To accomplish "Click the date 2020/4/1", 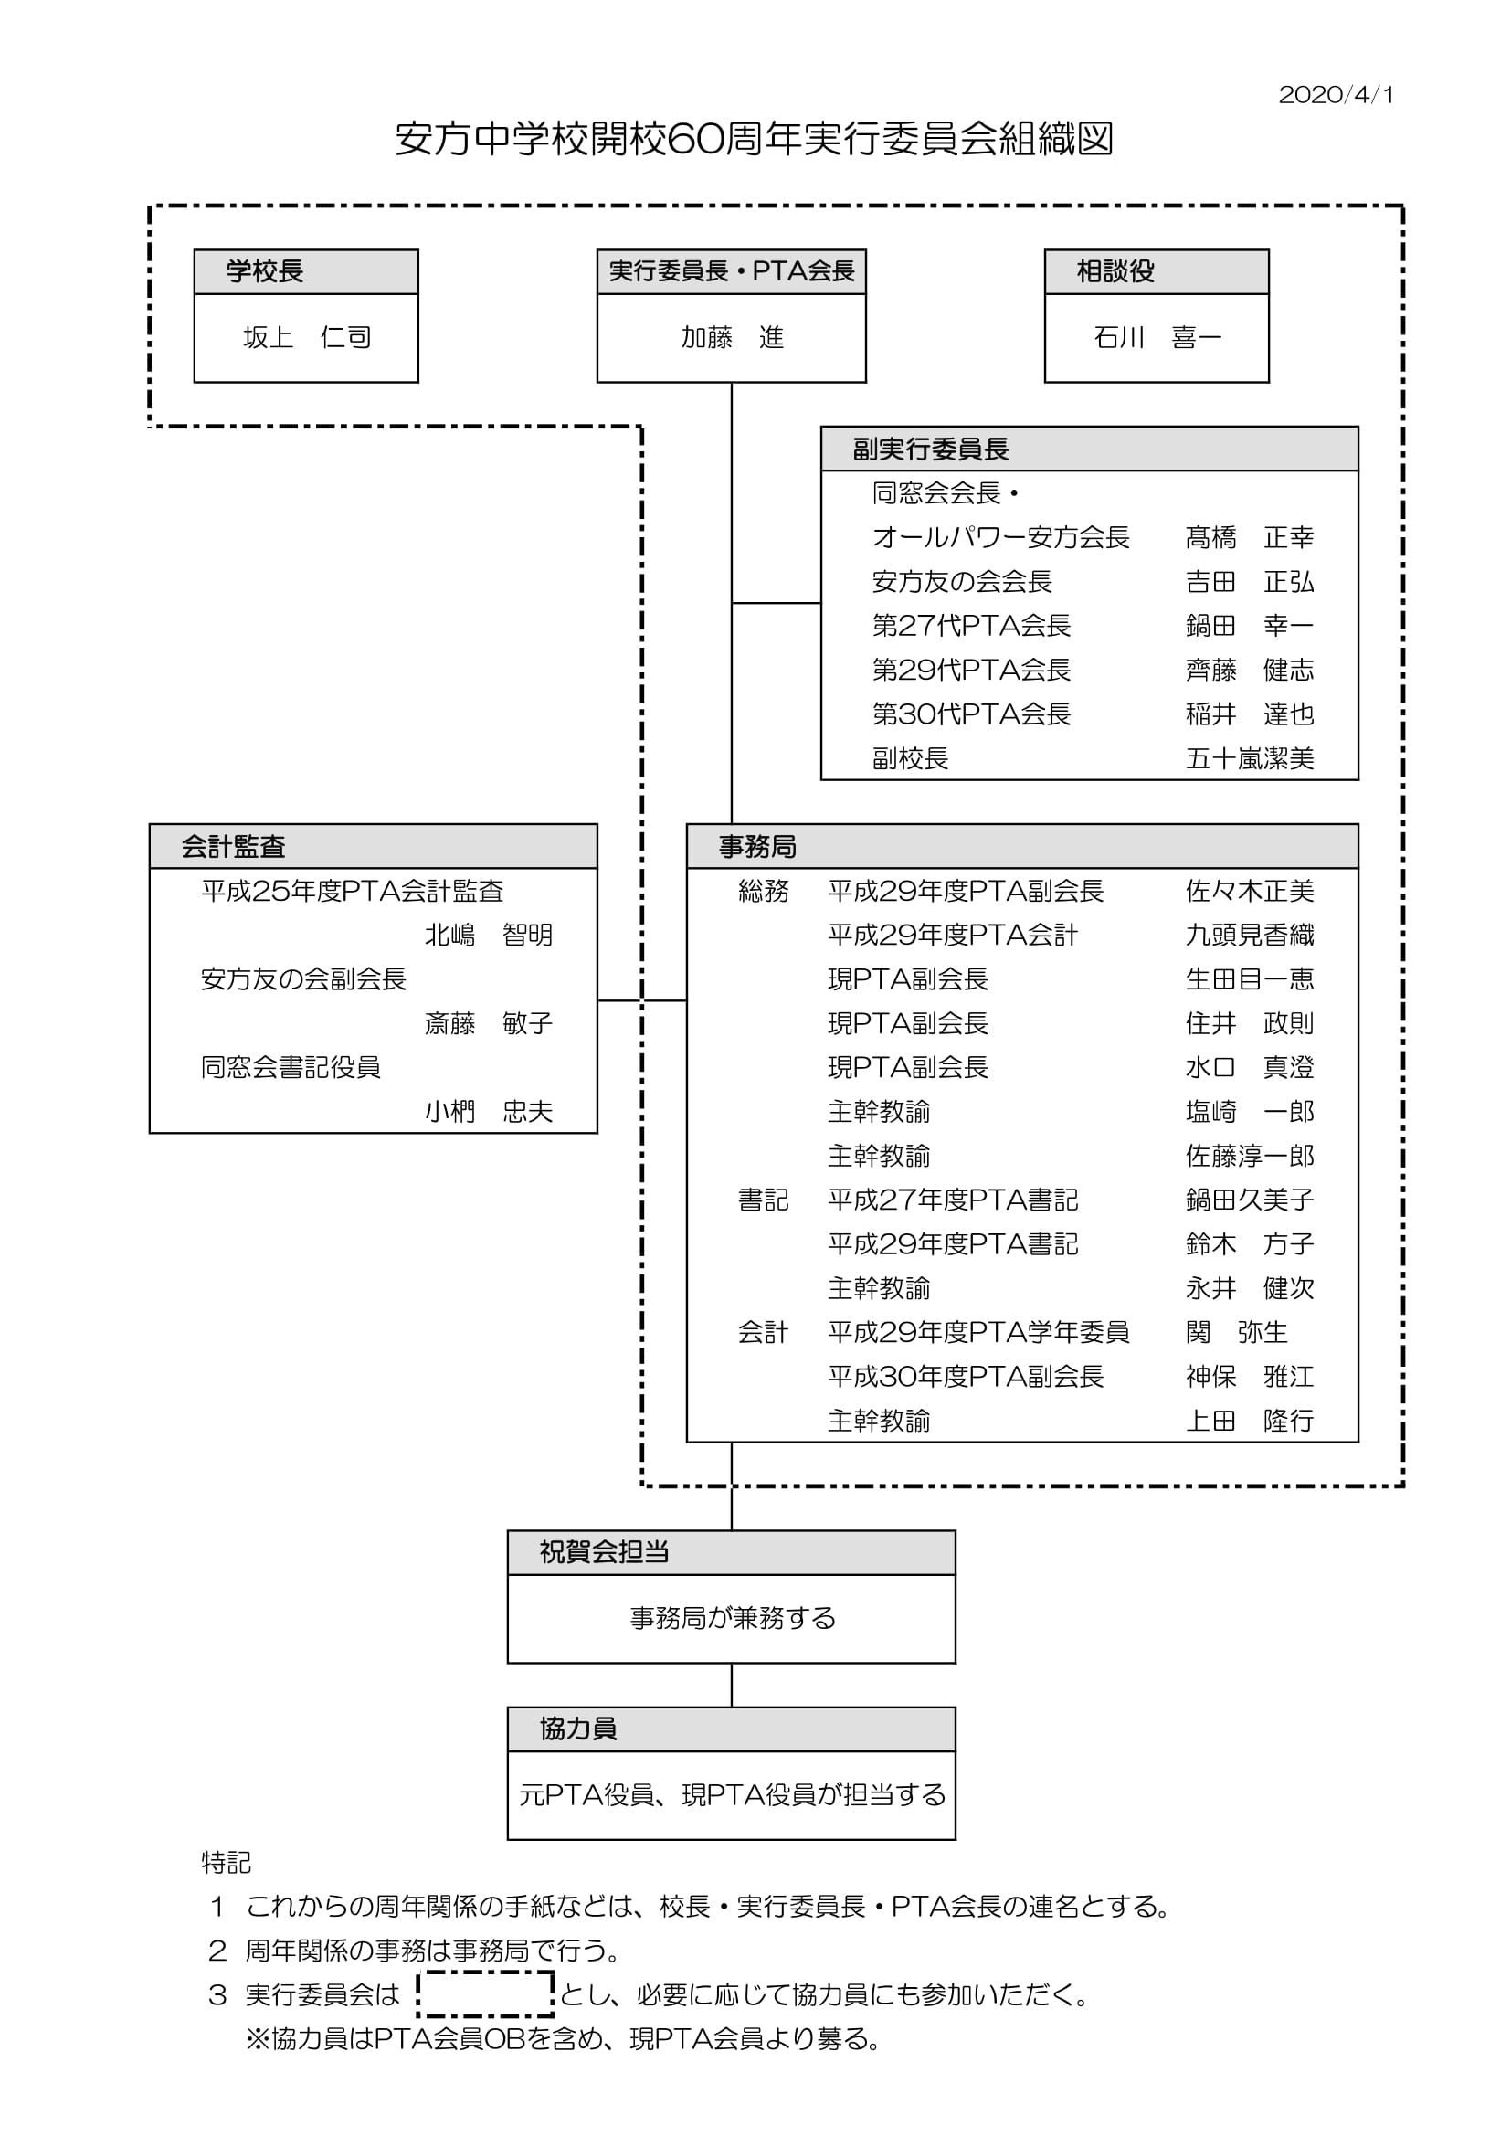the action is pos(1336,95).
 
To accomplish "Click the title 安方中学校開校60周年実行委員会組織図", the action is pos(755,140).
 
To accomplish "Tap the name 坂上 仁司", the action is pos(307,337).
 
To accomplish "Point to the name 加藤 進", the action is pos(733,337).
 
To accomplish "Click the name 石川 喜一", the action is pos(1157,337).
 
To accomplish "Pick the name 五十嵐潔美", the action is pos(1250,759).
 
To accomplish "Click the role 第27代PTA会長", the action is pos(971,625).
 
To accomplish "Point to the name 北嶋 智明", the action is pos(489,935).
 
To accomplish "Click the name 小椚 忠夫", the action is pos(489,1112).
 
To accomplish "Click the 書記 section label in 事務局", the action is pos(763,1200).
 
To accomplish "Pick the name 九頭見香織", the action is pos(1250,935).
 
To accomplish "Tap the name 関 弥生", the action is pos(1237,1332).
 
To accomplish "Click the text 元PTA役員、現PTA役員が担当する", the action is pos(733,1794).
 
